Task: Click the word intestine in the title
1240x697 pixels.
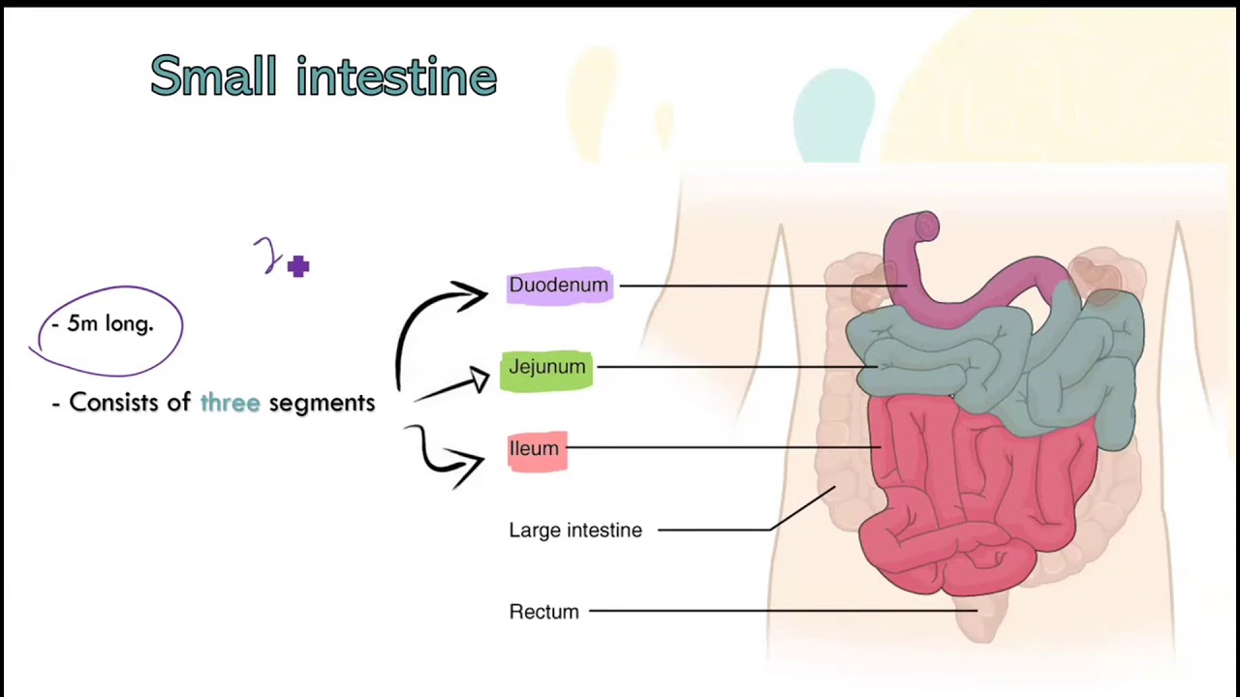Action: pyautogui.click(x=396, y=76)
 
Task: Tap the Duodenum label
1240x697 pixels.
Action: pyautogui.click(x=559, y=286)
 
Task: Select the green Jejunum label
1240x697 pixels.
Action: pyautogui.click(x=546, y=368)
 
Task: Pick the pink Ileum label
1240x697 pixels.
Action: pyautogui.click(x=536, y=449)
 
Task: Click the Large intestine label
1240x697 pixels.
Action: pyautogui.click(x=575, y=530)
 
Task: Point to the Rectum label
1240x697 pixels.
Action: pyautogui.click(x=543, y=612)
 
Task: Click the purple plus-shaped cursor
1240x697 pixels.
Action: pyautogui.click(x=297, y=266)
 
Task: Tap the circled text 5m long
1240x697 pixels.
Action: pyautogui.click(x=108, y=324)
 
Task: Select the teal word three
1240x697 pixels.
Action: pyautogui.click(x=230, y=403)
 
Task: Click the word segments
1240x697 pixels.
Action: pyautogui.click(x=322, y=403)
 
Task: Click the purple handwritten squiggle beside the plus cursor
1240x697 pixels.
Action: pyautogui.click(x=267, y=257)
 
